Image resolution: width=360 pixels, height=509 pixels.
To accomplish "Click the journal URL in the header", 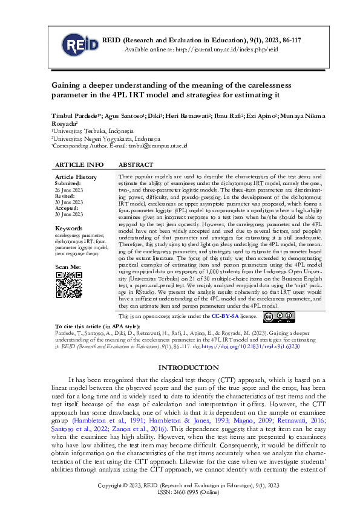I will pos(226,49).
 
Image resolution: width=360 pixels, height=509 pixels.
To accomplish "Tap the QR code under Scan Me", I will pos(69,284).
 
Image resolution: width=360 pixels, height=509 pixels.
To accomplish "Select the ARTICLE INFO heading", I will pos(79,164).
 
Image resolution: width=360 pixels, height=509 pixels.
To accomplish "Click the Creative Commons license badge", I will pos(279,316).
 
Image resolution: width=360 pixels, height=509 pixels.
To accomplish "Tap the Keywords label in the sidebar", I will pos(68,228).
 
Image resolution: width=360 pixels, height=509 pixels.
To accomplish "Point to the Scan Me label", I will pos(68,267).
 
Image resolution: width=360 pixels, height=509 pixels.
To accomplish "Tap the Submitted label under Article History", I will pos(68,183).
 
